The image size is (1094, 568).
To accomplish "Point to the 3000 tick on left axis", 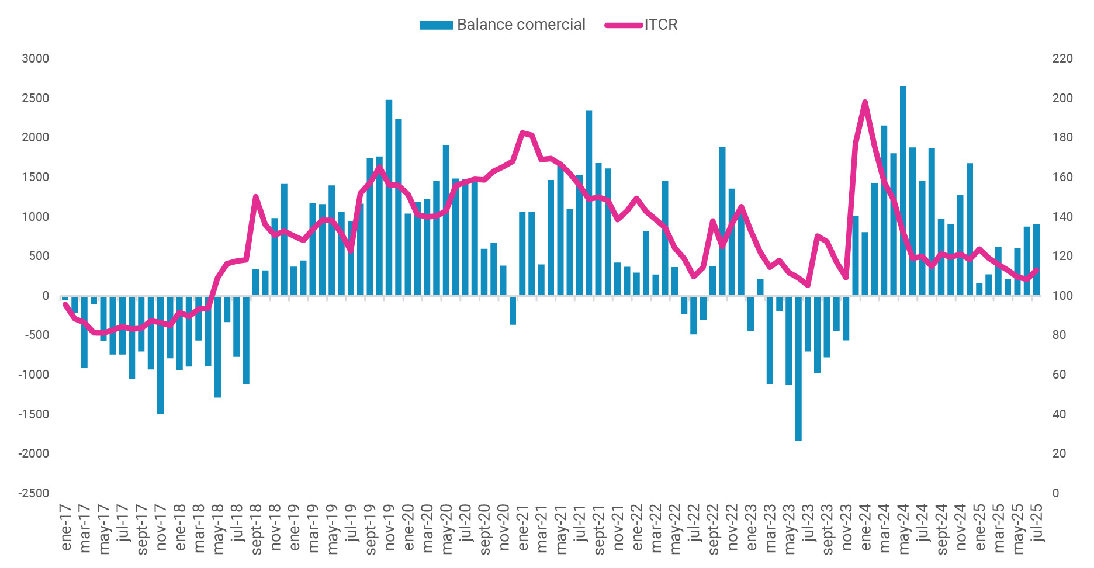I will pos(35,58).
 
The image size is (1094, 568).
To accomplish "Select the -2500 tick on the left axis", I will pos(34,493).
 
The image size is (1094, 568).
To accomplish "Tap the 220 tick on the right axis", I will pos(1062,58).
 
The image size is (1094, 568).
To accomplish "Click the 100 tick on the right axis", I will pos(1062,296).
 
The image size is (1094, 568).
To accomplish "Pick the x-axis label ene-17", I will pos(66,527).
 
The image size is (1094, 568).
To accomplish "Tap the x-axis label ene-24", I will pos(866,527).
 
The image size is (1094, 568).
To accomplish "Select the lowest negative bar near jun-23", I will pos(798,368).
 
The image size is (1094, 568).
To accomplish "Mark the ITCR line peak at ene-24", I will pos(865,102).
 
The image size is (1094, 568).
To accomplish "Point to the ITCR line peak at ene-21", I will pos(522,133).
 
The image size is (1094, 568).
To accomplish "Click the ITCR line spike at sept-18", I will pos(255,196).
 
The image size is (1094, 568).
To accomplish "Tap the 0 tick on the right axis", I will pos(1055,493).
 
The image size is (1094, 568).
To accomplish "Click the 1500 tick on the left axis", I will pos(35,177).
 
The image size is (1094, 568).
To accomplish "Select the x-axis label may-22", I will pos(676,528).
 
